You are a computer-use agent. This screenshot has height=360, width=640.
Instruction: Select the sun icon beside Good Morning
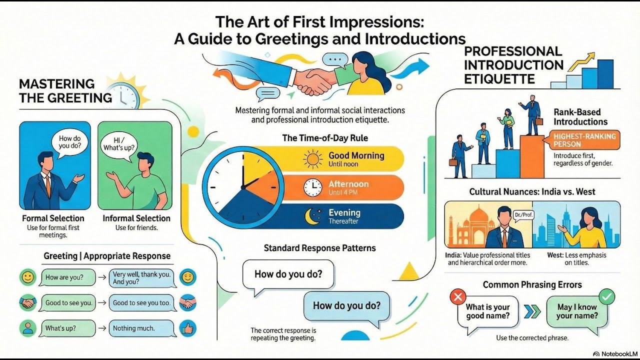click(313, 159)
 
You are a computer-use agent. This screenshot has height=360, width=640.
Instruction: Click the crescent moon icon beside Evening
click(313, 216)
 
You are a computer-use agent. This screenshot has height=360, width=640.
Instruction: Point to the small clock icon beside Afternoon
click(313, 187)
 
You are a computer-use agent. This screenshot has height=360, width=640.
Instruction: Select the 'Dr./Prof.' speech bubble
click(521, 215)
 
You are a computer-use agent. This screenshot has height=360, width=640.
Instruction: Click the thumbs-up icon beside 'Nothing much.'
click(188, 328)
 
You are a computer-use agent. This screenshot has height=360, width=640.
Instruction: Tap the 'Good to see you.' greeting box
click(69, 303)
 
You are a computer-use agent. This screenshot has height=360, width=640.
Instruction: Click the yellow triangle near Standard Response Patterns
click(409, 272)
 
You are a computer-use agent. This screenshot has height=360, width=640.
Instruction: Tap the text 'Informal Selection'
click(136, 218)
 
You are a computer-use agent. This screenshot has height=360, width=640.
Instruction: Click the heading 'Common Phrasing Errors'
click(532, 285)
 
